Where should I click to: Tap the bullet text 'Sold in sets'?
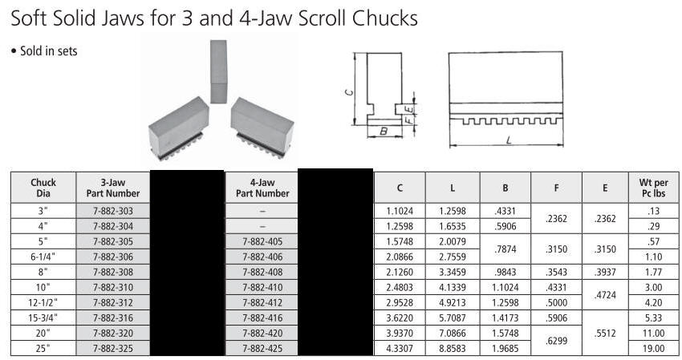tap(49, 51)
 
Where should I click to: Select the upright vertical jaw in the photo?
tap(218, 71)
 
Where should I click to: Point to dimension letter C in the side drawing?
tap(349, 91)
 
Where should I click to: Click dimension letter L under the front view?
tap(508, 140)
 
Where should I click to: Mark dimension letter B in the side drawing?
tap(384, 131)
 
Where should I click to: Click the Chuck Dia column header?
tap(43, 188)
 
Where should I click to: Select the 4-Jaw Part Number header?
tap(262, 188)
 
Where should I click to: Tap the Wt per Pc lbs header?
tap(653, 188)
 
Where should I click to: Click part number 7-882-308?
tap(113, 272)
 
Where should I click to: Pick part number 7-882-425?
tap(262, 348)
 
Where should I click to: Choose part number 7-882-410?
tap(262, 287)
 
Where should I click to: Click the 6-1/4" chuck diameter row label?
tap(43, 257)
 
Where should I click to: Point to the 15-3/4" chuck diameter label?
tap(43, 318)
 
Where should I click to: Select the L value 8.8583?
tap(453, 348)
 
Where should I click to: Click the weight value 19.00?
tap(653, 348)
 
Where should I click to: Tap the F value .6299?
tap(556, 341)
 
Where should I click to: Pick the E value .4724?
tap(605, 295)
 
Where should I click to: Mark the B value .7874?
tap(505, 249)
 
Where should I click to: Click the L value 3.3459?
tap(453, 272)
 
